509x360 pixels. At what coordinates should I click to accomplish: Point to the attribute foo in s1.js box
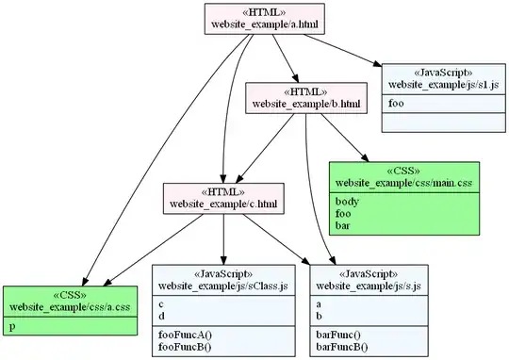pos(398,102)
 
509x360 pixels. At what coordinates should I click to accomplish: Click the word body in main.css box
pos(346,201)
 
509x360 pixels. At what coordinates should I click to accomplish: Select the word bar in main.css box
pos(343,225)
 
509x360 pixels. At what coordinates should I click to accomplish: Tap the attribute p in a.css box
pos(12,326)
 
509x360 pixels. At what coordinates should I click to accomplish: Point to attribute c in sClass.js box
pos(161,303)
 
